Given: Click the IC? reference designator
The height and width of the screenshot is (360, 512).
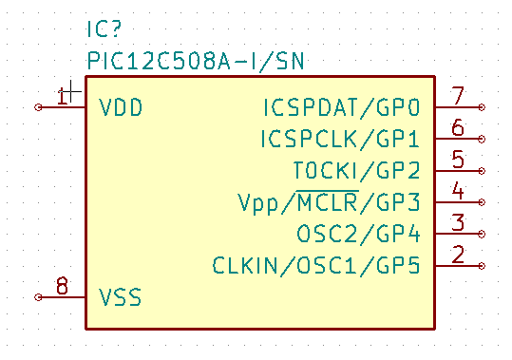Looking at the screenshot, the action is (x=104, y=28).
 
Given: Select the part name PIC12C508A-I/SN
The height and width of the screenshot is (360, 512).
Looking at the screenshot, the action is (x=196, y=61).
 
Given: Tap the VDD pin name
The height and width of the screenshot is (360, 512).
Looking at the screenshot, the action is (x=121, y=107).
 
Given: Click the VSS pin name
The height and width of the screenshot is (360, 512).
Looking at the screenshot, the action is (x=120, y=297).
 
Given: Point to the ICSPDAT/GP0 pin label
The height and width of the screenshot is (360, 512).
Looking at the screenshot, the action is (x=341, y=107).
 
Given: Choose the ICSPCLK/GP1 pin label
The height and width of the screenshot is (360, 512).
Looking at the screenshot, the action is (x=340, y=139).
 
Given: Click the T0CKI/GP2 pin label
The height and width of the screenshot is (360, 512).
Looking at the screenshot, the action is (x=356, y=170).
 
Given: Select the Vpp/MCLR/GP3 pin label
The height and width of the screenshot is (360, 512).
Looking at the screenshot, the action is (x=329, y=202).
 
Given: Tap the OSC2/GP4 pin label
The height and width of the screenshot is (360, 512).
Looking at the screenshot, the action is (x=358, y=234).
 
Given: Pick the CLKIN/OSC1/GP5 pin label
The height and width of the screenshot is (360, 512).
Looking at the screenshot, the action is (x=316, y=265).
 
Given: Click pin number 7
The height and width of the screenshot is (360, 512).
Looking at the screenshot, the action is (x=458, y=96).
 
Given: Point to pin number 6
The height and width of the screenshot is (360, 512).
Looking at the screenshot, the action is (x=458, y=127).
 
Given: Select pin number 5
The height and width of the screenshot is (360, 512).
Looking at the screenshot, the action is (x=458, y=159).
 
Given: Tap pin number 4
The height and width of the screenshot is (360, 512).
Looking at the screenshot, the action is (x=458, y=191).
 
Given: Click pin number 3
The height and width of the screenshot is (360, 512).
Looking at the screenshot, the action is (x=458, y=222).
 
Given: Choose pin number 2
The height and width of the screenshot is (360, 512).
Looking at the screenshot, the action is (x=458, y=254).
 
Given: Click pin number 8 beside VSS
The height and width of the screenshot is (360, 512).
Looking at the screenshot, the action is (x=62, y=286).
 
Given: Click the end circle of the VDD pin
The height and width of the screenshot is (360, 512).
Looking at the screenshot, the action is (x=38, y=107).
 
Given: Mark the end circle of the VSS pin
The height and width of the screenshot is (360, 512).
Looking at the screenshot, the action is (x=38, y=297).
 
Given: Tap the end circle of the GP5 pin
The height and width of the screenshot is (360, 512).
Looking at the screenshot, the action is (x=482, y=266).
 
